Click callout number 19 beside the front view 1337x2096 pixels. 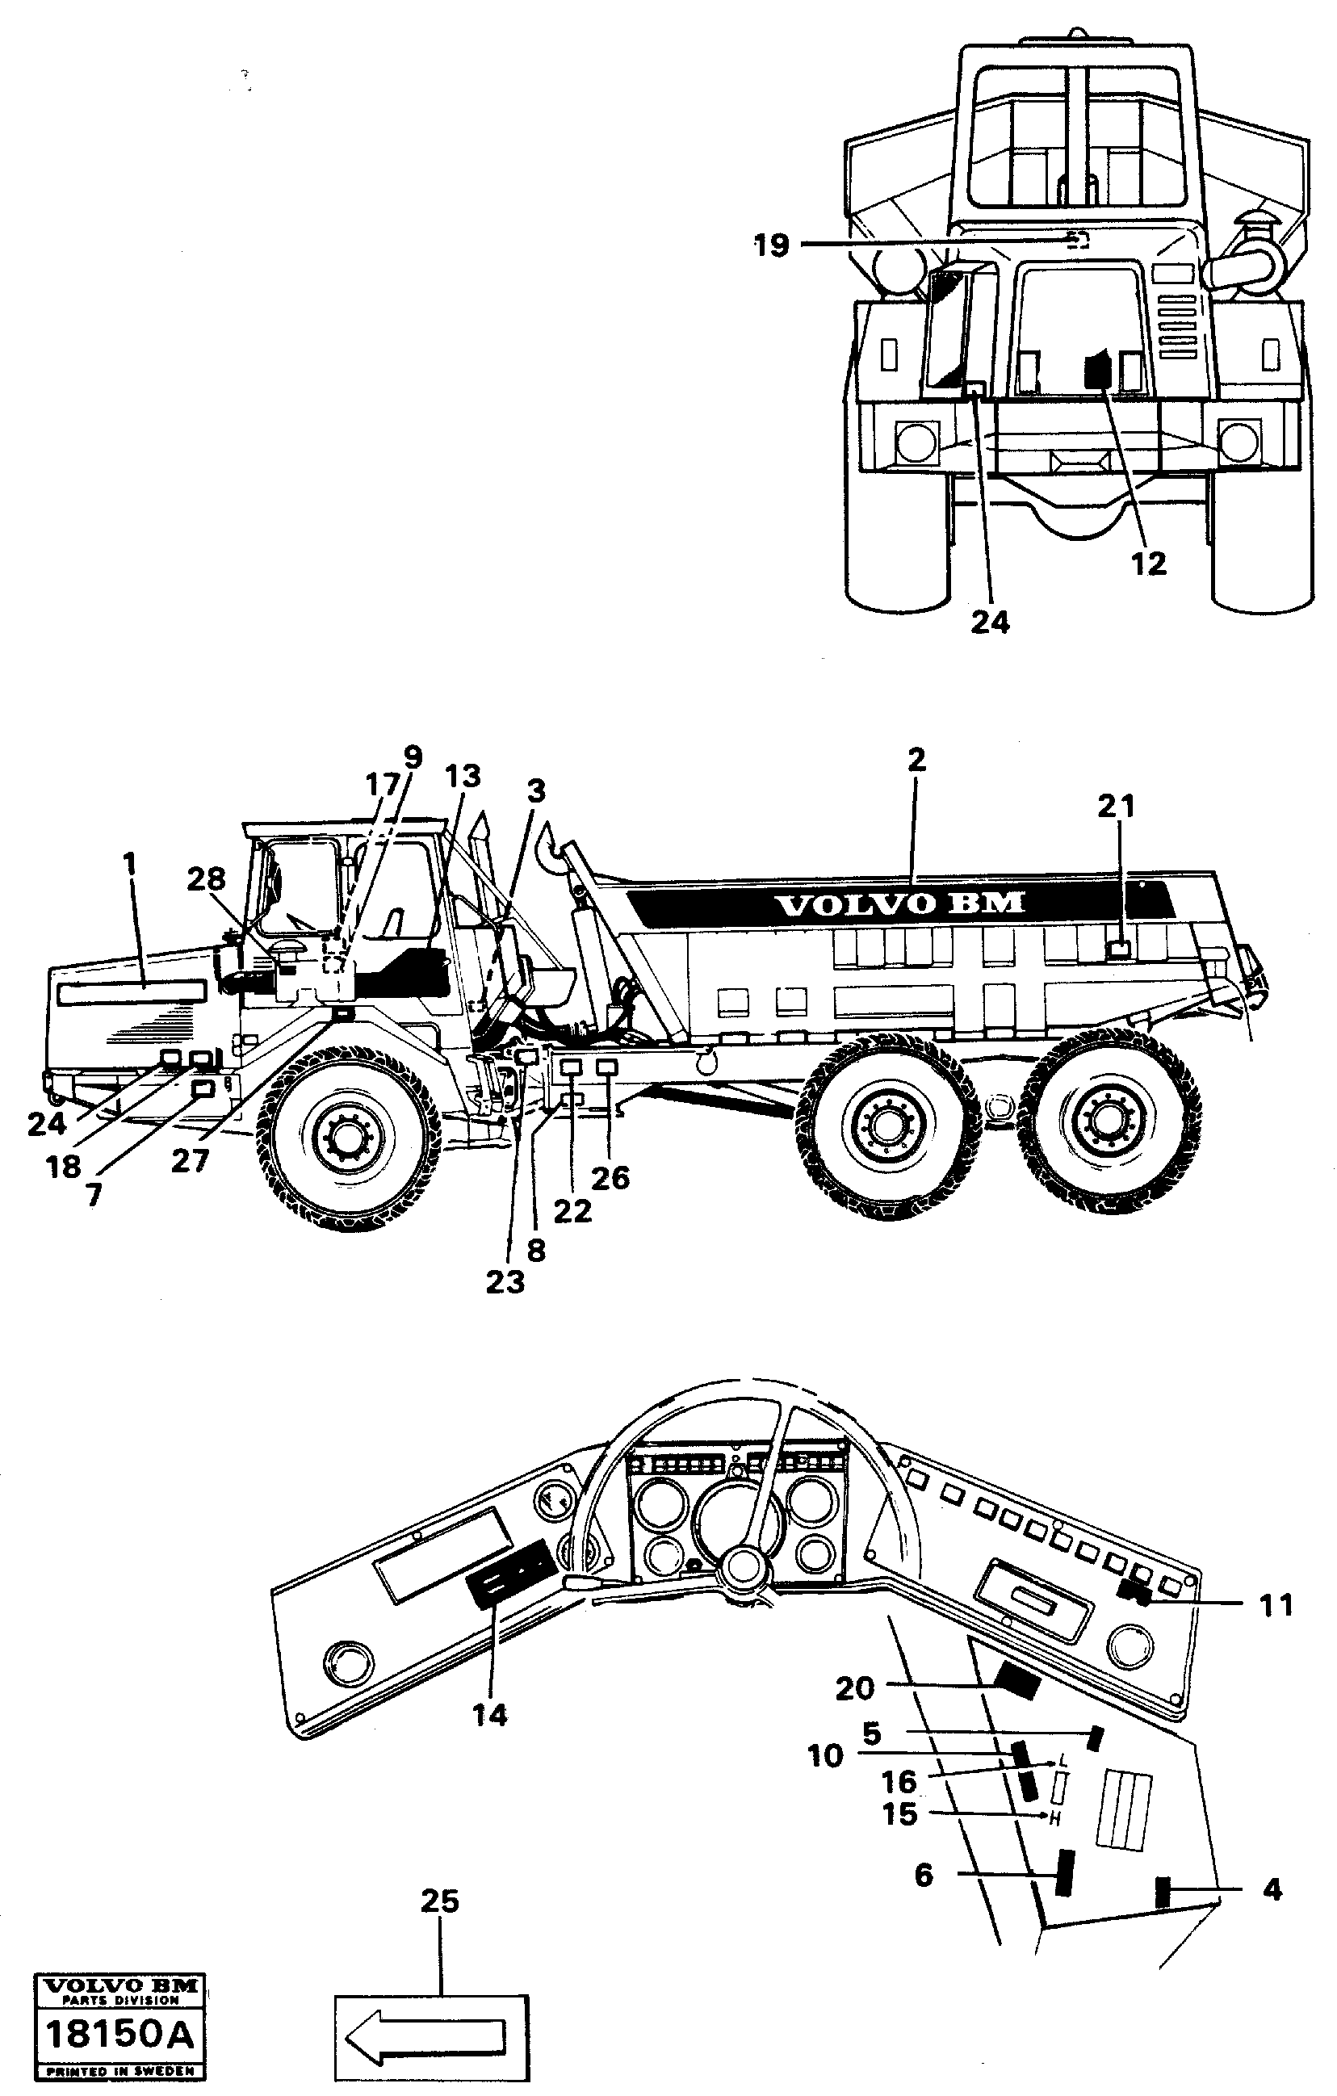coord(771,245)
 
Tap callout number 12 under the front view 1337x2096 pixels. coord(1148,564)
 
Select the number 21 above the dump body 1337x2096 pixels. coord(1116,807)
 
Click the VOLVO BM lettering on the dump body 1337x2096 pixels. coord(900,904)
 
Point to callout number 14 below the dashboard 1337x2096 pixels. coord(489,1715)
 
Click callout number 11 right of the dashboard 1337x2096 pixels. coord(1276,1604)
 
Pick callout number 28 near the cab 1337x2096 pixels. coord(207,879)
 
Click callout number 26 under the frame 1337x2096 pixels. coord(610,1178)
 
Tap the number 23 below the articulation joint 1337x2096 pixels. coord(505,1282)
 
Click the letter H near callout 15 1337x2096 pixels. coord(1055,1817)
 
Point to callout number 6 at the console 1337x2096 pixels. coord(924,1874)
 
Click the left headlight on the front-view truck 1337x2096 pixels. coord(916,441)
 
